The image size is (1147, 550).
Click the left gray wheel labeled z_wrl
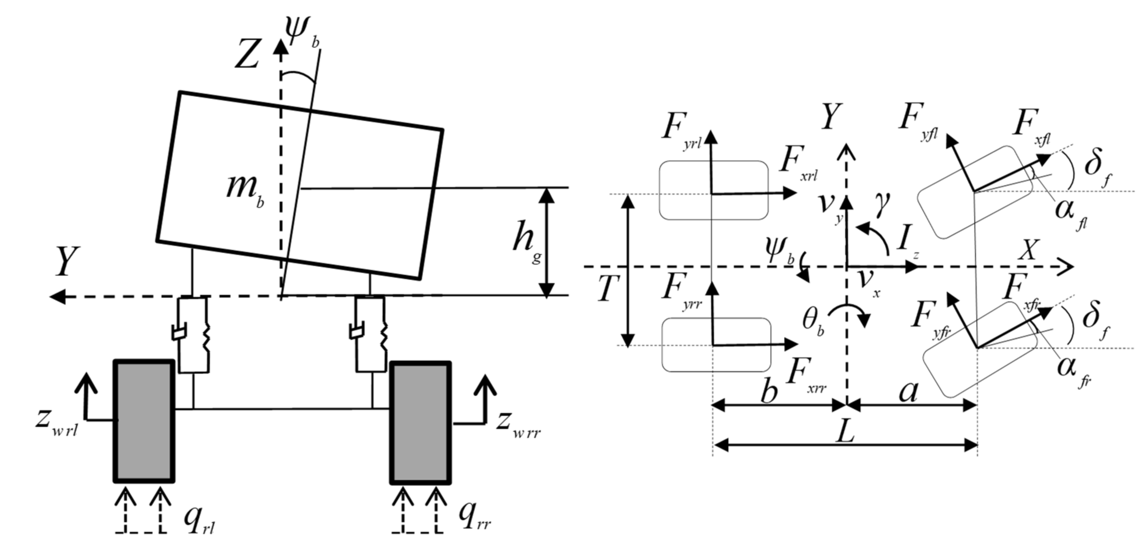(144, 421)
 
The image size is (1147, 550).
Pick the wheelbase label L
(844, 431)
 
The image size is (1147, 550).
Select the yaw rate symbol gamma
(882, 205)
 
